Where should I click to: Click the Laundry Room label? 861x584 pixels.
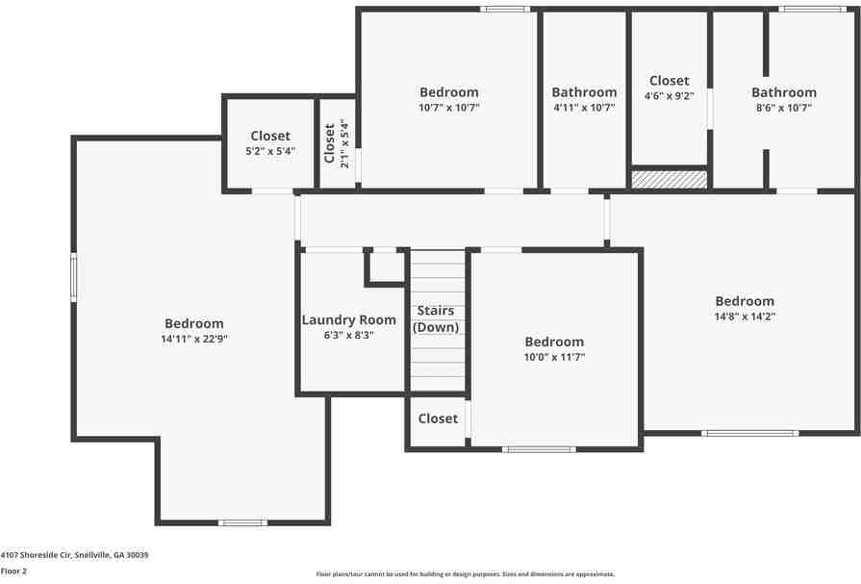point(349,320)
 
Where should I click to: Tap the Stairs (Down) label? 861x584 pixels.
point(436,318)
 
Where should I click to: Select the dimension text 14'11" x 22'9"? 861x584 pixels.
point(194,339)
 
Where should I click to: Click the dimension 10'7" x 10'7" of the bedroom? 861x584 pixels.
point(449,108)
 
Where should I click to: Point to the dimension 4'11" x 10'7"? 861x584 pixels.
point(584,108)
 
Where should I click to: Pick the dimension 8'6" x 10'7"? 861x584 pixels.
point(784,108)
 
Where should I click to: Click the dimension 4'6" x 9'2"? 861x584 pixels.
point(669,96)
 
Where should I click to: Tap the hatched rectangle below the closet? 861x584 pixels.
point(669,179)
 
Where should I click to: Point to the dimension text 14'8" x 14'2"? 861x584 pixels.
point(745,316)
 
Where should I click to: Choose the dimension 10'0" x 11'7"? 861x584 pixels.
point(554,357)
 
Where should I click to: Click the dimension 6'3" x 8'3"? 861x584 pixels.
point(349,335)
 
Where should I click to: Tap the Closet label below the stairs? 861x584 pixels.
point(438,419)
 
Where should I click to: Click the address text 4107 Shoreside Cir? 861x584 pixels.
point(74,555)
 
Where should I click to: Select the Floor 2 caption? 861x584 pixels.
point(13,571)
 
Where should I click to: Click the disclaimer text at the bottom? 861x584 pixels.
point(466,574)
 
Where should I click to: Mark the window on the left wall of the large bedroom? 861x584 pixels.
point(74,279)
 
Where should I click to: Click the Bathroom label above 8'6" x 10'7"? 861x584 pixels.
point(784,92)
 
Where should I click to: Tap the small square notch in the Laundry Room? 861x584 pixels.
point(386,267)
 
